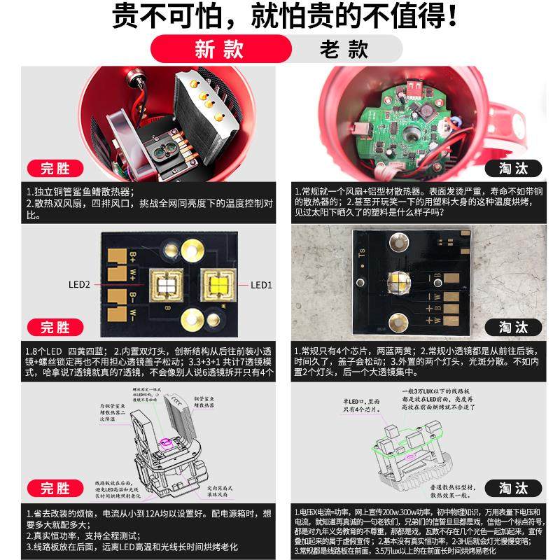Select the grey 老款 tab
point(344,50)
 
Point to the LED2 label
point(79,285)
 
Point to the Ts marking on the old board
point(362,257)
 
